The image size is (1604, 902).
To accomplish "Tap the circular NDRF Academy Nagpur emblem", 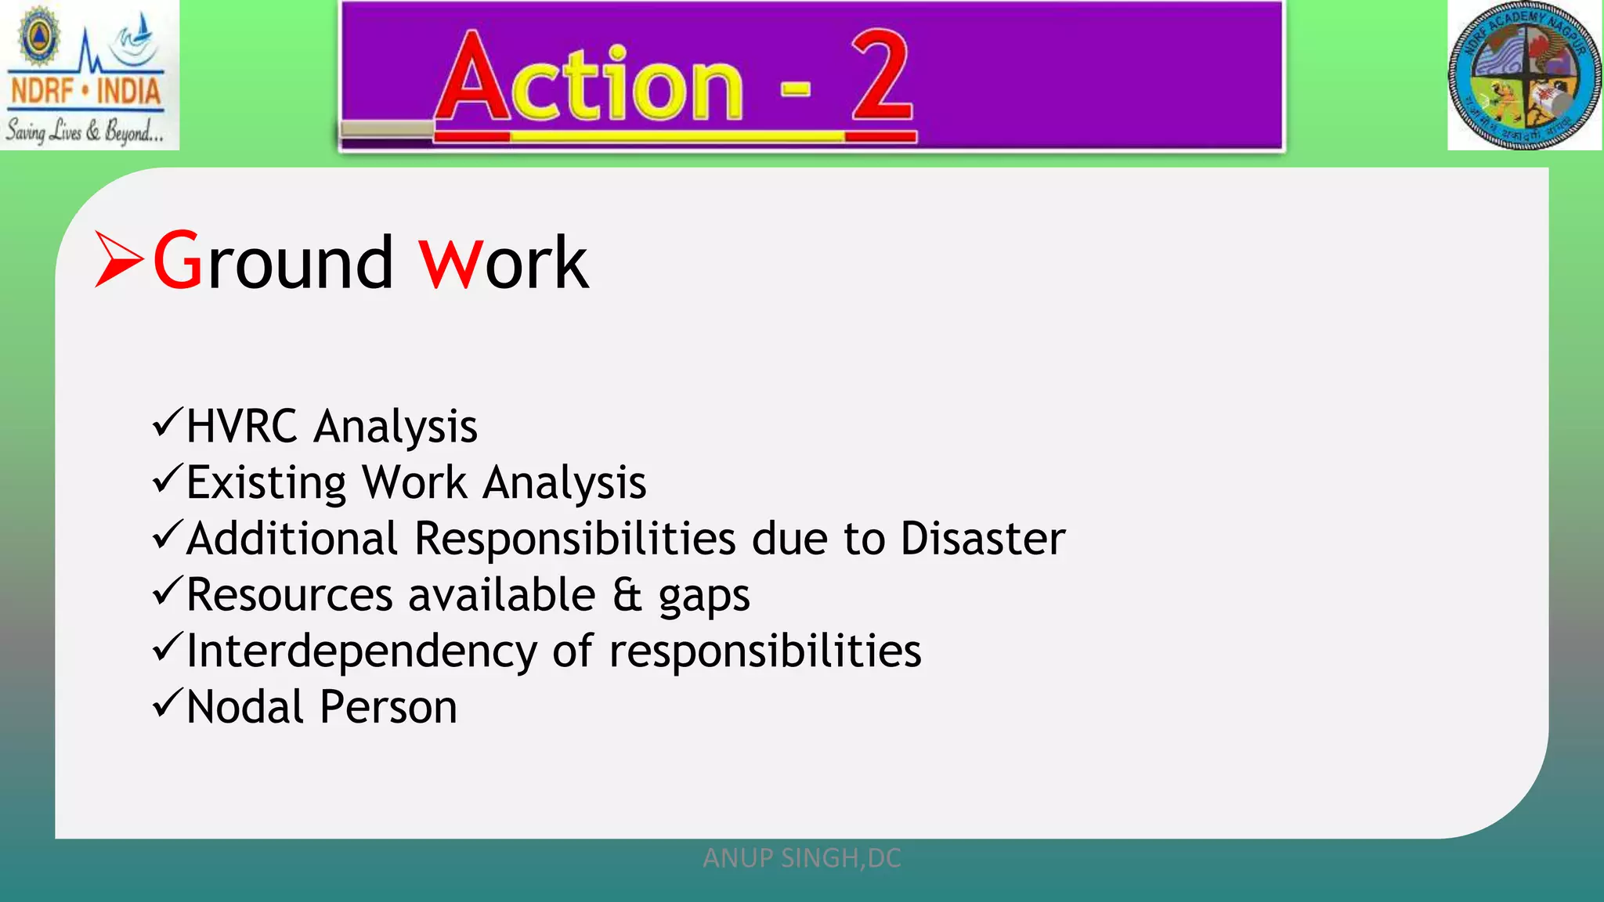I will pyautogui.click(x=1523, y=76).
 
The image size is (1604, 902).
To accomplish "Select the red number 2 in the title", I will pyautogui.click(x=882, y=78).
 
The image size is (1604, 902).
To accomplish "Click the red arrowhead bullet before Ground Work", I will pyautogui.click(x=118, y=259).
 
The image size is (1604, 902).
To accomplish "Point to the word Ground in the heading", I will pyautogui.click(x=273, y=262).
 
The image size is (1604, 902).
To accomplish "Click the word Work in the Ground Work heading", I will pyautogui.click(x=504, y=262).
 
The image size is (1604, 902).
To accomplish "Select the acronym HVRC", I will pyautogui.click(x=242, y=427).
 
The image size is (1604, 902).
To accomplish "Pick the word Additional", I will pyautogui.click(x=292, y=539).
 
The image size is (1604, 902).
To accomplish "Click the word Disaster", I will pyautogui.click(x=982, y=539).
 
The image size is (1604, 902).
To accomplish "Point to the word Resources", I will pyautogui.click(x=289, y=595).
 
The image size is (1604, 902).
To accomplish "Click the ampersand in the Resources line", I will pyautogui.click(x=627, y=595).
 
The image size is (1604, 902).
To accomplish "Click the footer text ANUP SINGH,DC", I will pyautogui.click(x=802, y=858).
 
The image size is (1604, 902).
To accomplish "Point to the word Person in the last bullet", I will pyautogui.click(x=388, y=708).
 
